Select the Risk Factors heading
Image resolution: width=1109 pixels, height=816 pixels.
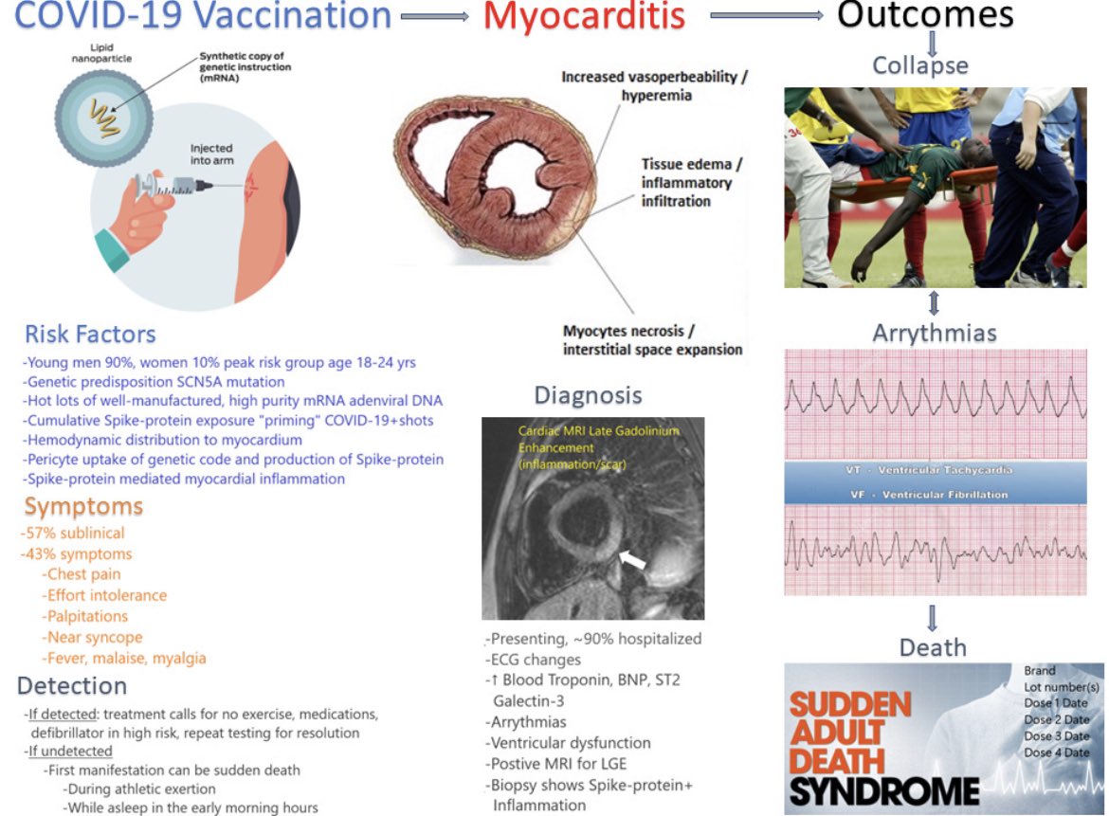[90, 334]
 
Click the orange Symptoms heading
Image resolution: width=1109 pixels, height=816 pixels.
[83, 506]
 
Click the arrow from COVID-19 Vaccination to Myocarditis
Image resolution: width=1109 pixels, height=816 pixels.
[435, 16]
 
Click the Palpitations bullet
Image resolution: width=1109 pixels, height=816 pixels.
[88, 616]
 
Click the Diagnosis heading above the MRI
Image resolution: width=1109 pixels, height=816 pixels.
[588, 395]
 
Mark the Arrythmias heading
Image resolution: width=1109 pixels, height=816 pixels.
[934, 333]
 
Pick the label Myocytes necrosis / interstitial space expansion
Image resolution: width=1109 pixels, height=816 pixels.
[652, 339]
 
